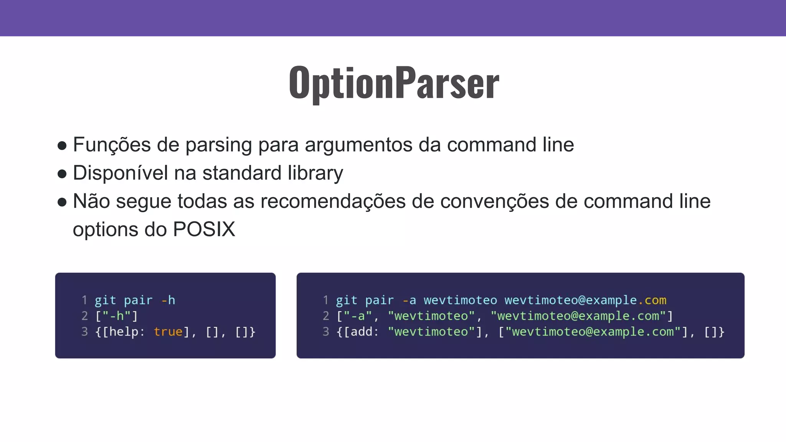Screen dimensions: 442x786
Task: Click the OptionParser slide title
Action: pyautogui.click(x=394, y=82)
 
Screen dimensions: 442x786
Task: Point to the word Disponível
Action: pyautogui.click(x=120, y=173)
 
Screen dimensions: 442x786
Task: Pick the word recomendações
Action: pyautogui.click(x=333, y=201)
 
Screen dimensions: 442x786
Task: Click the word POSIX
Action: pyautogui.click(x=204, y=229)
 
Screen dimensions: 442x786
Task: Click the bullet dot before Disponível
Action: pyautogui.click(x=62, y=174)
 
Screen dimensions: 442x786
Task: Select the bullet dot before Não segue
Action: pyautogui.click(x=62, y=202)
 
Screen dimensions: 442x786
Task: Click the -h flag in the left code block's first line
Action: pyautogui.click(x=168, y=300)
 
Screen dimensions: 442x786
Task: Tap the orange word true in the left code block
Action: pyautogui.click(x=168, y=331)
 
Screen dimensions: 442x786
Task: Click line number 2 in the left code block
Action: pyautogui.click(x=85, y=316)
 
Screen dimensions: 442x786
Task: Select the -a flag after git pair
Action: pyautogui.click(x=409, y=300)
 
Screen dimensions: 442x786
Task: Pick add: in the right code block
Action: pyautogui.click(x=364, y=331)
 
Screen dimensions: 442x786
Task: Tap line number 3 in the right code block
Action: pyautogui.click(x=326, y=331)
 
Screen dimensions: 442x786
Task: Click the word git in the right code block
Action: pyautogui.click(x=347, y=300)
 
